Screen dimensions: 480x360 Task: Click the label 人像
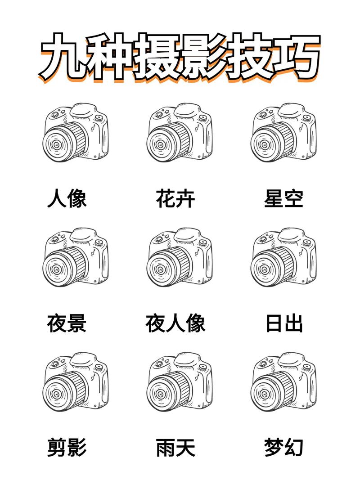click(67, 199)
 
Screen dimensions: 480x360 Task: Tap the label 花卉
click(175, 199)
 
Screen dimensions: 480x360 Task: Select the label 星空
click(283, 199)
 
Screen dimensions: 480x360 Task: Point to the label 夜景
click(67, 323)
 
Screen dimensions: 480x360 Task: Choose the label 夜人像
click(175, 323)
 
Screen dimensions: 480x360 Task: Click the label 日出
click(283, 323)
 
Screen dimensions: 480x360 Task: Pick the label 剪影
click(67, 448)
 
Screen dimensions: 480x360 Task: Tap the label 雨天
click(175, 448)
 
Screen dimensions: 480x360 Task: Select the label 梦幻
click(283, 448)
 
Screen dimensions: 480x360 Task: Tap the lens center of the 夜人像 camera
click(160, 270)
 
